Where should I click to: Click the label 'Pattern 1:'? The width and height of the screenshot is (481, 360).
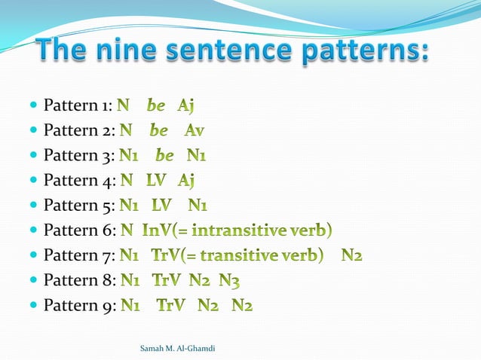pyautogui.click(x=78, y=106)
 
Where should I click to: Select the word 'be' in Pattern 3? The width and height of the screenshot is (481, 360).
pyautogui.click(x=164, y=156)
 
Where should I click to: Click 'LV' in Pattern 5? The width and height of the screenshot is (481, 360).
pyautogui.click(x=162, y=206)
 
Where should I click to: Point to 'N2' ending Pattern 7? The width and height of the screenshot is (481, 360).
pyautogui.click(x=351, y=256)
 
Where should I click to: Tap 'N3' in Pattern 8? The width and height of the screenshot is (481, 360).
pyautogui.click(x=231, y=281)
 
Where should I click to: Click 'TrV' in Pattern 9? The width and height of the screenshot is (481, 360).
pyautogui.click(x=172, y=306)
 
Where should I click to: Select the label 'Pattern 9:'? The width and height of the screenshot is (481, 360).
pyautogui.click(x=78, y=306)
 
